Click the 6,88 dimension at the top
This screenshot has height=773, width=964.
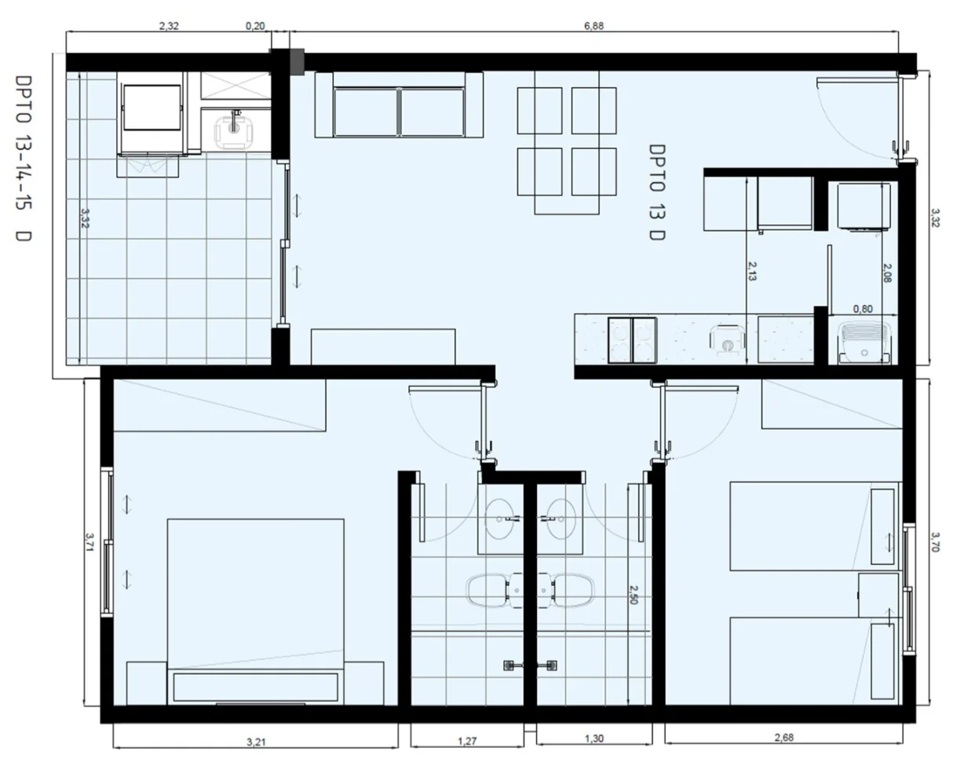[x=593, y=27]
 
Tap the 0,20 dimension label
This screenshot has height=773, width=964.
[x=255, y=27]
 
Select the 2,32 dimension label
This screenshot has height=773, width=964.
[x=169, y=27]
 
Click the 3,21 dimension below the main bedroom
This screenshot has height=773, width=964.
[x=256, y=742]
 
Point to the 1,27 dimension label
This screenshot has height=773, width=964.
[x=467, y=741]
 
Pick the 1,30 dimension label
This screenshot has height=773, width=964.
[x=594, y=738]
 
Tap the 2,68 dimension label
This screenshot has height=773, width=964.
[x=784, y=738]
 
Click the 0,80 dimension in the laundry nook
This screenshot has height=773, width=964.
[x=863, y=309]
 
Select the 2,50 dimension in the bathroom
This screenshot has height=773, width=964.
[x=633, y=595]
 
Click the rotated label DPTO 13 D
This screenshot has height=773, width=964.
[x=657, y=192]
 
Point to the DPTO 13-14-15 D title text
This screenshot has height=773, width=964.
[x=24, y=159]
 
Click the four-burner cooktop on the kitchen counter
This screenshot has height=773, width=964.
[x=632, y=340]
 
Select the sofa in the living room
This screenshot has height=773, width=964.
[x=399, y=105]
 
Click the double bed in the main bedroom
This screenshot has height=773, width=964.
[x=255, y=612]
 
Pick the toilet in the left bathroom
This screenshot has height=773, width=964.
[x=494, y=591]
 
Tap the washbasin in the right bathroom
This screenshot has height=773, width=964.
[x=561, y=519]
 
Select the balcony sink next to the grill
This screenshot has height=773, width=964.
[x=235, y=129]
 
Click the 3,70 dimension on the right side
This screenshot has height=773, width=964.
[x=935, y=542]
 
